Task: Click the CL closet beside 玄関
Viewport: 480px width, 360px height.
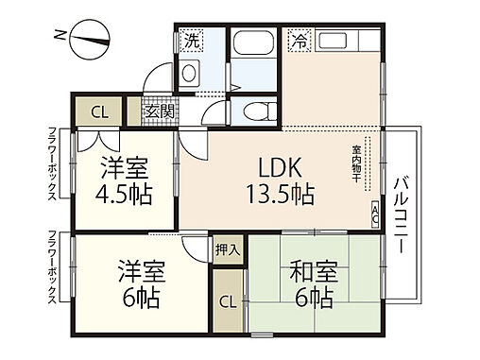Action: click(99, 111)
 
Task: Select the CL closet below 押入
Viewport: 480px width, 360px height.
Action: click(227, 302)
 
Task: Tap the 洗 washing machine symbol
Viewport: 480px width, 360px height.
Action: click(192, 42)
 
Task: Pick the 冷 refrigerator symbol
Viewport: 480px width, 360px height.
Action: click(300, 42)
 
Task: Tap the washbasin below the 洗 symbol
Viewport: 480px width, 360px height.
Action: click(190, 73)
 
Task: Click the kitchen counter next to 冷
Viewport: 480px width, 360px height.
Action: click(346, 43)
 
